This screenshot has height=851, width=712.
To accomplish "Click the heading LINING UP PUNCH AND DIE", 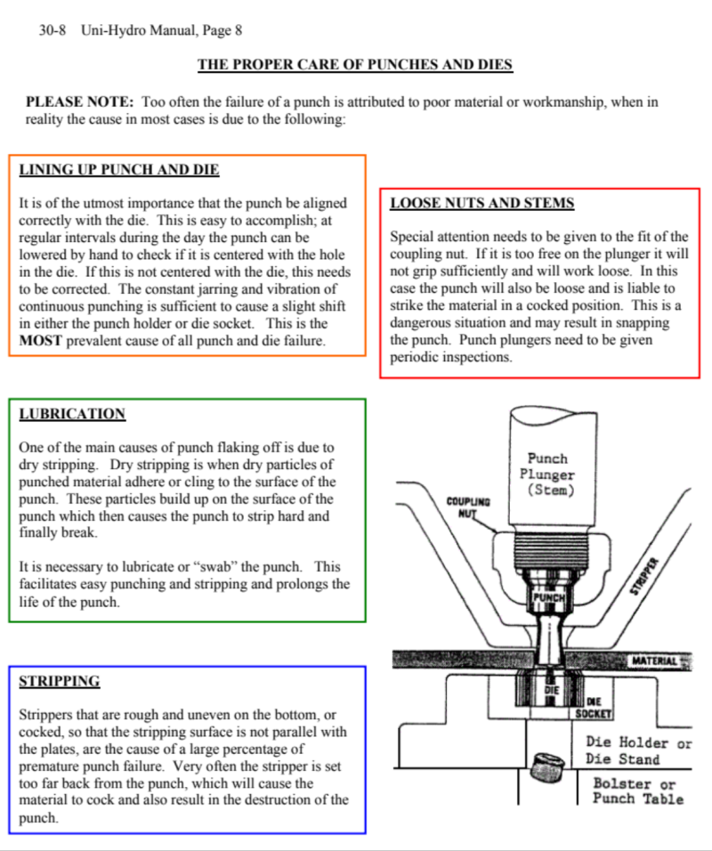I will click(x=118, y=170).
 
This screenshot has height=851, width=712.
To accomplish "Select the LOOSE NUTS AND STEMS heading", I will click(x=482, y=203).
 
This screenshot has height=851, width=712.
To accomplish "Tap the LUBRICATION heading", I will click(x=72, y=414).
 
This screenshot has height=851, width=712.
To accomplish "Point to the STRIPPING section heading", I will click(x=60, y=682).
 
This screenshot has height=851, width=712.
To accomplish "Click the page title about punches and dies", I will click(x=354, y=65).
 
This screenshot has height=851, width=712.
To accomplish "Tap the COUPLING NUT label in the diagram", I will click(x=468, y=507).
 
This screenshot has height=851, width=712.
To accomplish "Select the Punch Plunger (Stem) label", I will click(x=547, y=474).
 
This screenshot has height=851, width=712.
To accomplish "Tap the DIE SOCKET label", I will click(x=593, y=708).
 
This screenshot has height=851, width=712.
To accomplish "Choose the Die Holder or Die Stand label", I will click(x=637, y=750).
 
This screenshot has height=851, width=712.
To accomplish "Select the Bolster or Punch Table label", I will click(x=637, y=790).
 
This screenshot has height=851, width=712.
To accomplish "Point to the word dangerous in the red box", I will click(x=424, y=323).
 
